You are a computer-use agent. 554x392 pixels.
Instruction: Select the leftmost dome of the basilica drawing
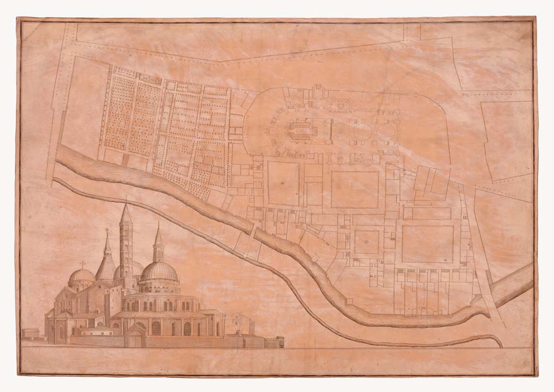point(81,277)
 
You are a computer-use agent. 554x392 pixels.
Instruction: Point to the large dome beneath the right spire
point(159,272)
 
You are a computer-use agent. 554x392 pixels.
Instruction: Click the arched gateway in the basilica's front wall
point(135,339)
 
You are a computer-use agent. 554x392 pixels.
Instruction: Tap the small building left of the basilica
point(32,333)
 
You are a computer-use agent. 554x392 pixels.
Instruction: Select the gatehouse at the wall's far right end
point(274,342)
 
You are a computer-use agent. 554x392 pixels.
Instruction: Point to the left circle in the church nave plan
point(361,132)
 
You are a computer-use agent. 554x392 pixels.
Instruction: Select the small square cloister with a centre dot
point(366,242)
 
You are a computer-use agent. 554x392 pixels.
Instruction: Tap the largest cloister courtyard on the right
point(427,244)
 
